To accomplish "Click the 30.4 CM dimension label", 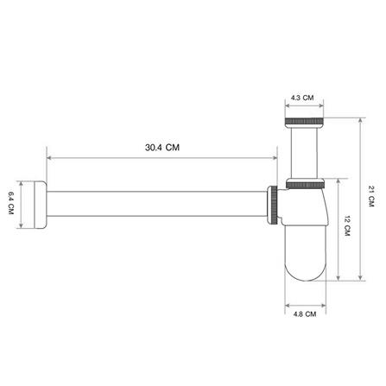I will click(x=161, y=148).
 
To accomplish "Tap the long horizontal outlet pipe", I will click(x=155, y=206).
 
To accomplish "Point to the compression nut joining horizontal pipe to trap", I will click(x=274, y=206).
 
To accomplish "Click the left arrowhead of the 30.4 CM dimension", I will click(x=48, y=158).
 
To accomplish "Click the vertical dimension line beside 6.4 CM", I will click(x=22, y=206).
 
